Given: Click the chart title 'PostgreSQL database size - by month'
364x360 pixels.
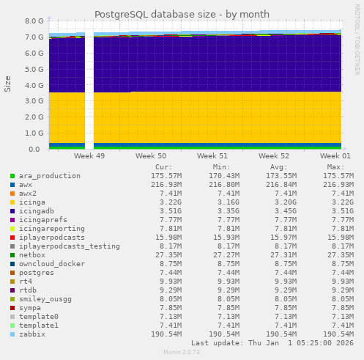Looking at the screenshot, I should (x=182, y=14).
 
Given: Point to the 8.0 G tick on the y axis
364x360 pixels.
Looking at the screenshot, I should (x=34, y=21).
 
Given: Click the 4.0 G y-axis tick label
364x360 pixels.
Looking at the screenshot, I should (x=34, y=85).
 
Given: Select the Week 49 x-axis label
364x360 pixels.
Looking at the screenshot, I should (x=89, y=156).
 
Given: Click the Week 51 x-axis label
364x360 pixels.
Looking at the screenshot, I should (x=212, y=156).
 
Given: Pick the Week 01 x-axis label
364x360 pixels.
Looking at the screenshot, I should (x=335, y=156).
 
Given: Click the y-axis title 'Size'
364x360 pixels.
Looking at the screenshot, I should (x=8, y=84).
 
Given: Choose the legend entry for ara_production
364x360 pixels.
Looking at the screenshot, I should (x=49, y=176).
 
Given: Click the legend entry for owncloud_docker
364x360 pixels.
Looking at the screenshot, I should (x=51, y=264).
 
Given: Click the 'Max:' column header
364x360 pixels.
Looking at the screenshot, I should (x=336, y=167).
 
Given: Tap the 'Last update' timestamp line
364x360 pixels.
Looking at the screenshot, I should (x=272, y=342).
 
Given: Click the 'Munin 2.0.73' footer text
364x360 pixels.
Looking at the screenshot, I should (x=181, y=353).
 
